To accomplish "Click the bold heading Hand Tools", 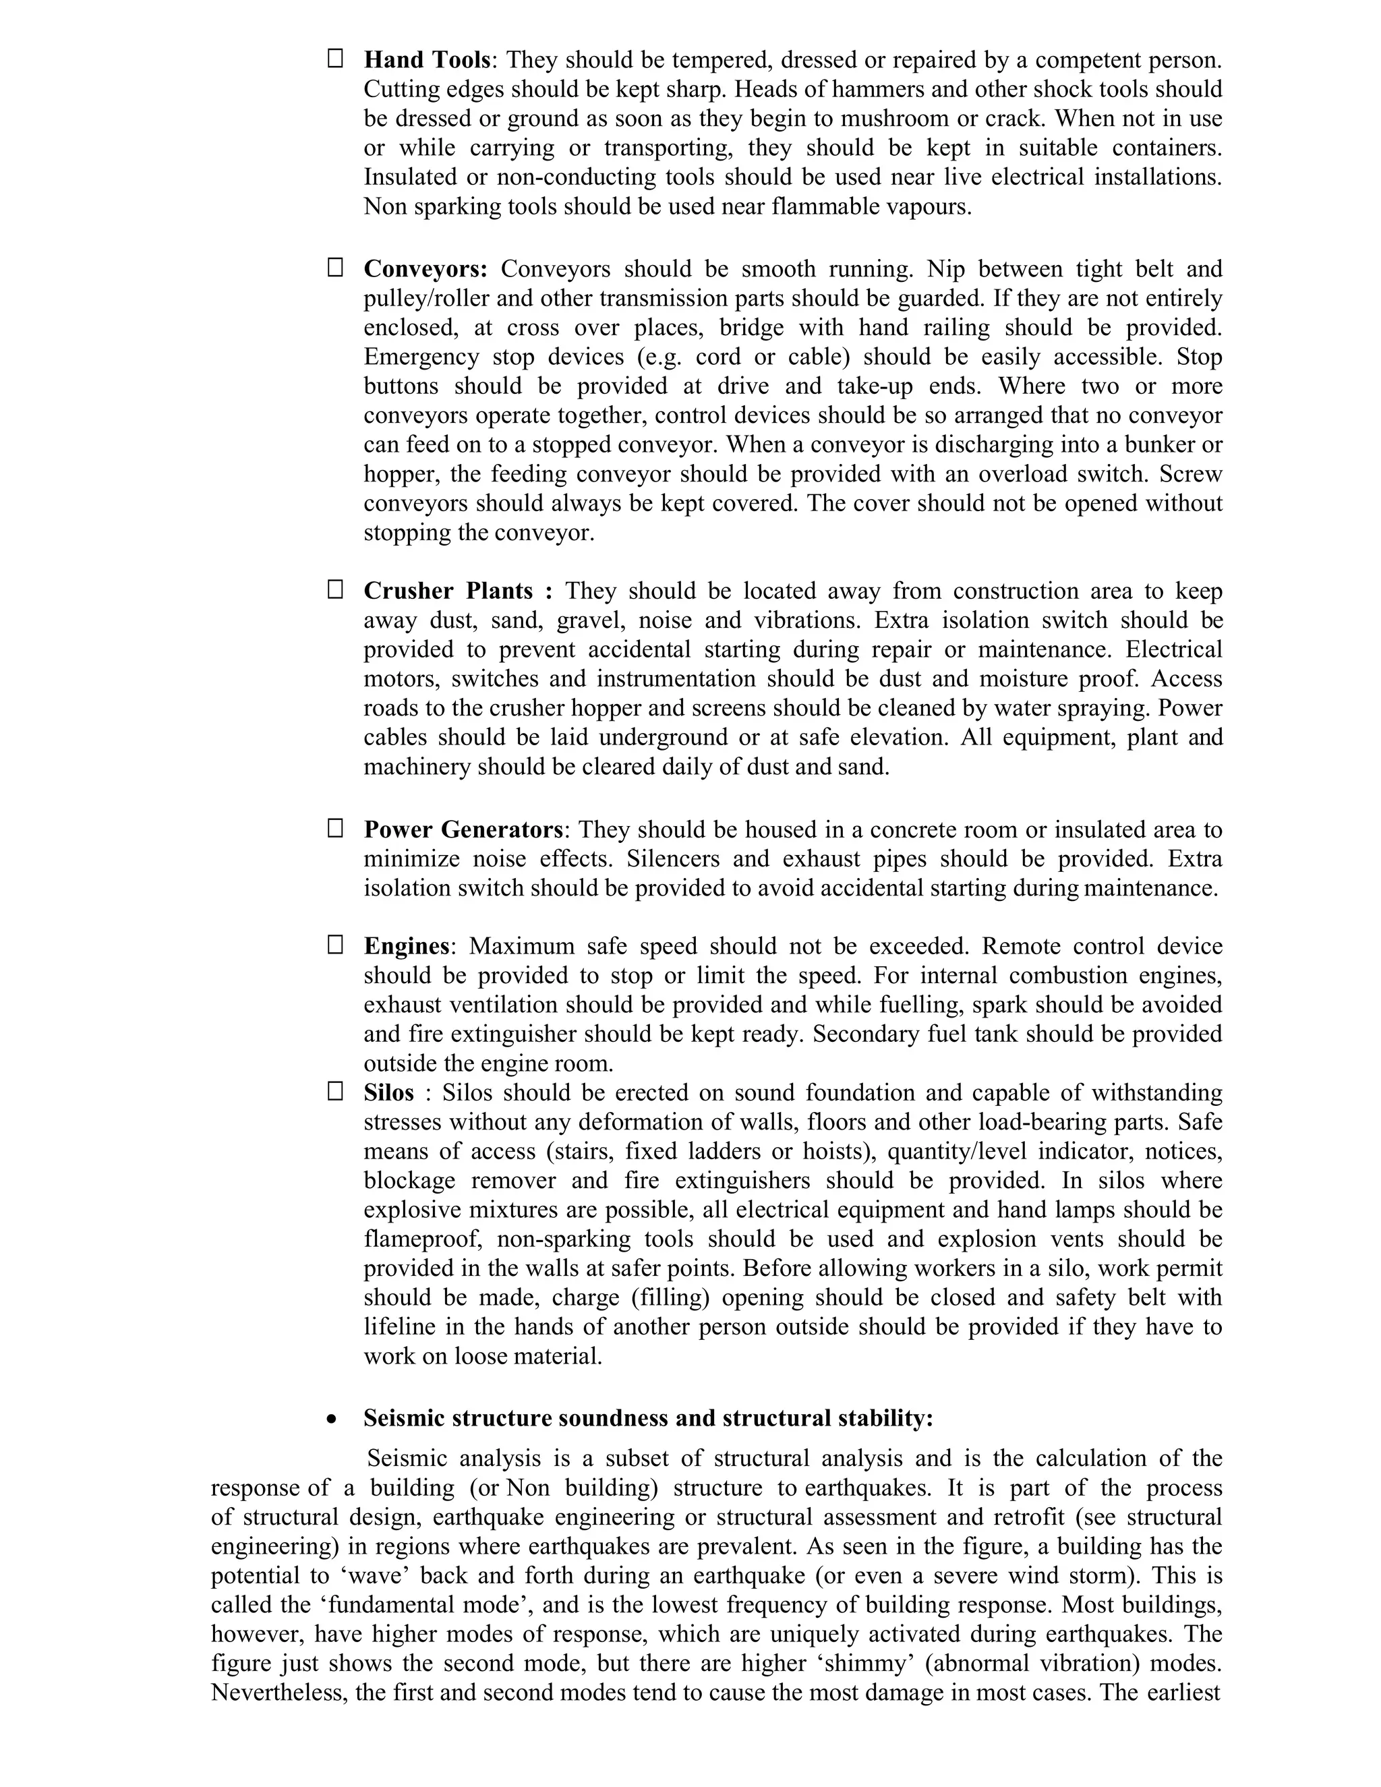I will tap(426, 60).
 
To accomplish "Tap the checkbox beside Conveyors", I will tap(334, 268).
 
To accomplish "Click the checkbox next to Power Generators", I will tap(334, 828).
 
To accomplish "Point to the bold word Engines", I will tap(406, 946).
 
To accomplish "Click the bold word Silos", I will tap(388, 1093).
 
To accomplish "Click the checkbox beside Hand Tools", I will tap(334, 58).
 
